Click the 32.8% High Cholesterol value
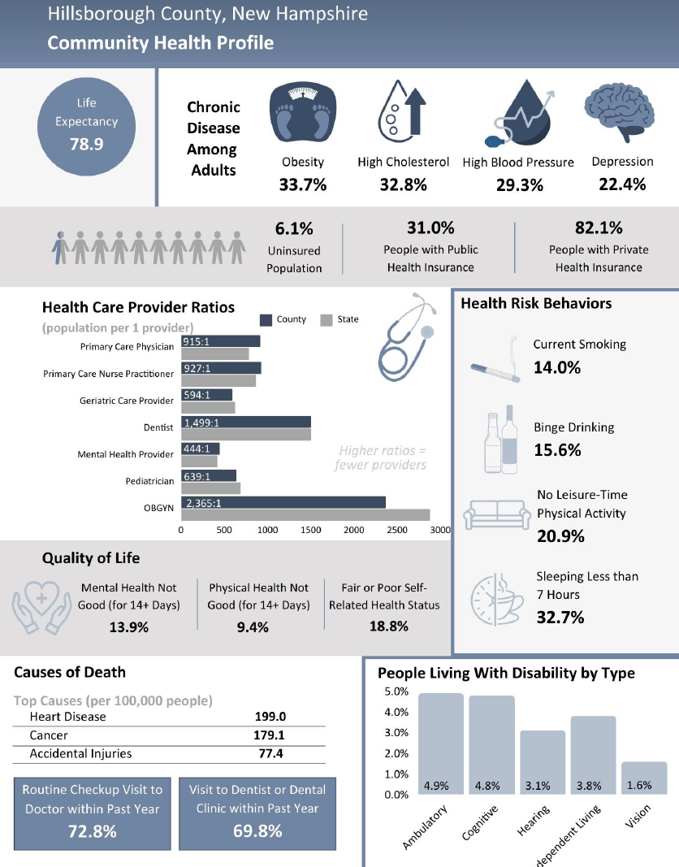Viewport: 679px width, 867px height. [x=403, y=184]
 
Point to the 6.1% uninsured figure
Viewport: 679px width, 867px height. [x=294, y=228]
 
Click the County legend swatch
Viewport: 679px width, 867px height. [x=266, y=319]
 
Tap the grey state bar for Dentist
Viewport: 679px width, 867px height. [x=246, y=435]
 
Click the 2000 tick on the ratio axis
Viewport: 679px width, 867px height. [x=353, y=530]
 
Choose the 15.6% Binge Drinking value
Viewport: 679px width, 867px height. [x=557, y=449]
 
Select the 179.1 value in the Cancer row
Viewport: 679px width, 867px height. [x=269, y=735]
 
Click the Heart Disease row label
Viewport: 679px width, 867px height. [x=67, y=717]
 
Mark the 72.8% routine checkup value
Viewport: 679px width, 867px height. [x=92, y=831]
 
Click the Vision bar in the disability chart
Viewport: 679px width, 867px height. [x=644, y=778]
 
